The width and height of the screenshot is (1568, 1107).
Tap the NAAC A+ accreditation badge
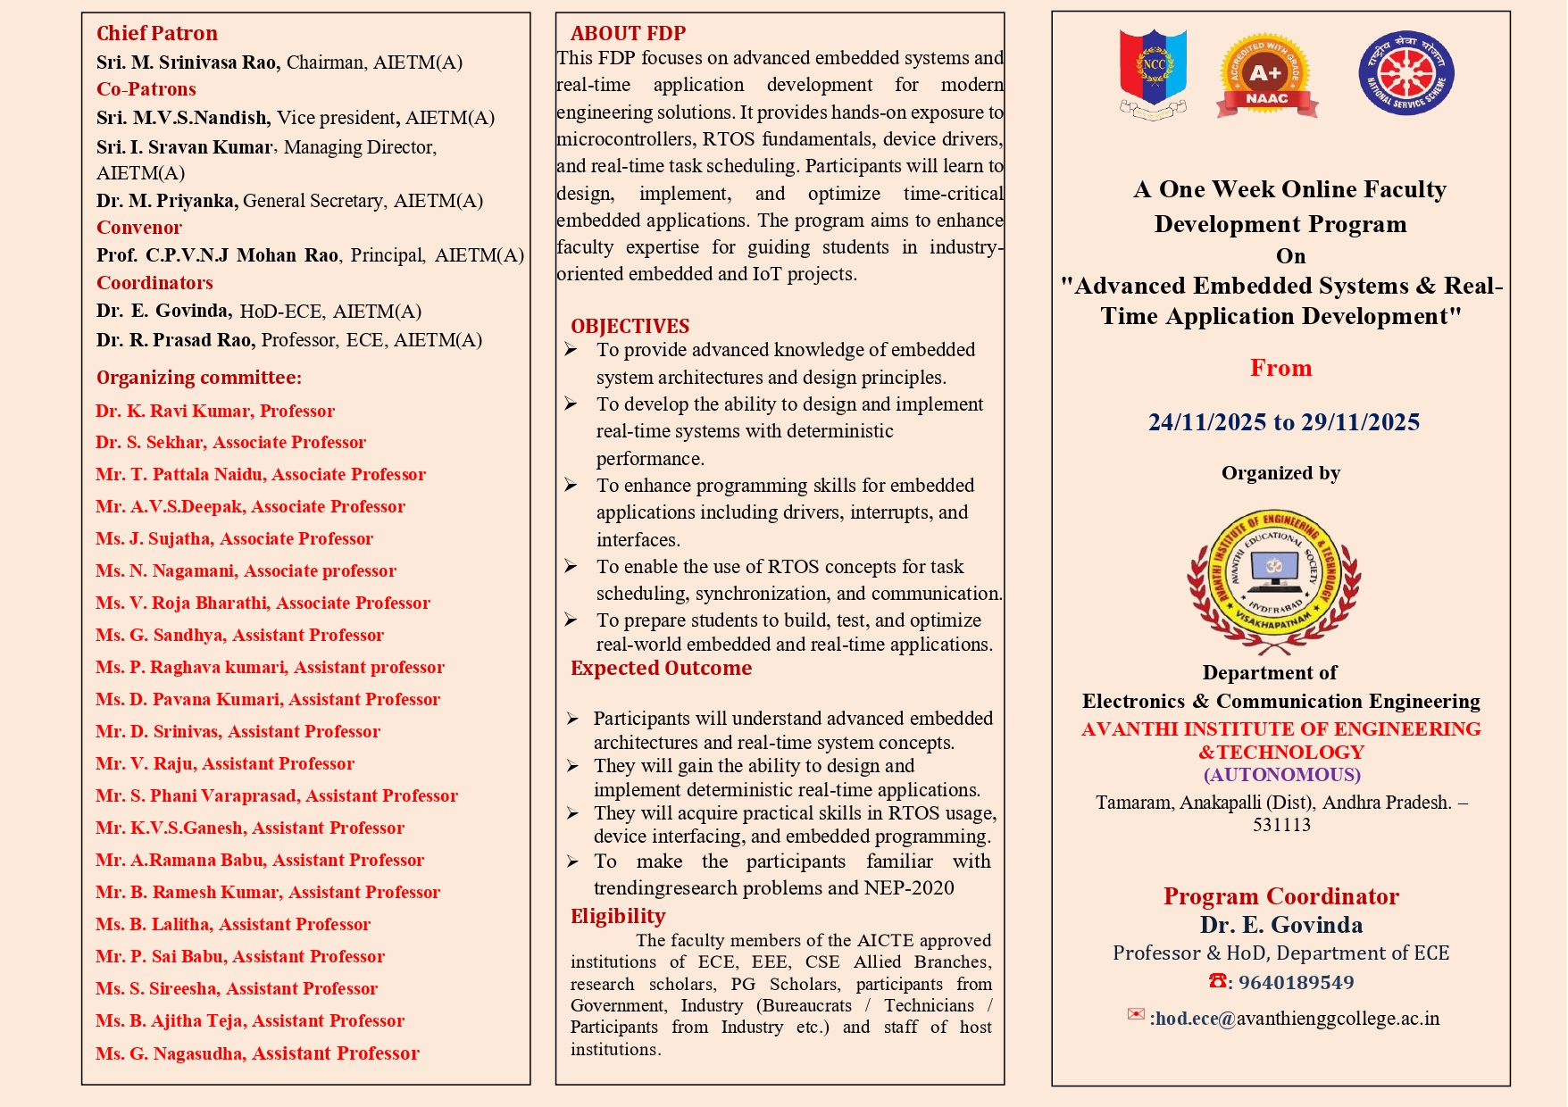click(1266, 76)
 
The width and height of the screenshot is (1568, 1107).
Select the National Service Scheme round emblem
click(1405, 73)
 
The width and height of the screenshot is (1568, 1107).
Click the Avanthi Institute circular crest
click(1274, 581)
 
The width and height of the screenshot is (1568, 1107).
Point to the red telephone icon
click(1217, 980)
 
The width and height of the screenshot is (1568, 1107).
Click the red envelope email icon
click(1136, 1014)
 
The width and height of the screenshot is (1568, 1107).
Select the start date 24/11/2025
click(1206, 422)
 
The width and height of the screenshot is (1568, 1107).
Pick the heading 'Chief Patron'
click(157, 33)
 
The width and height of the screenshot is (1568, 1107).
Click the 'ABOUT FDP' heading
click(628, 33)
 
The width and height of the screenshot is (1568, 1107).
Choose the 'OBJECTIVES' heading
click(630, 326)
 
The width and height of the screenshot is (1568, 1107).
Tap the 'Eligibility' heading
click(618, 916)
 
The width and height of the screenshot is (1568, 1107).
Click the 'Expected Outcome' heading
click(661, 668)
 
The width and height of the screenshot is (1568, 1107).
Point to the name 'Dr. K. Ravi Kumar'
click(173, 411)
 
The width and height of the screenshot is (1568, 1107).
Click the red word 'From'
click(1280, 368)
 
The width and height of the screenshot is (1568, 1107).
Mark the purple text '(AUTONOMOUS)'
click(1281, 775)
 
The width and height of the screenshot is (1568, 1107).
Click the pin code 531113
click(1281, 825)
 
